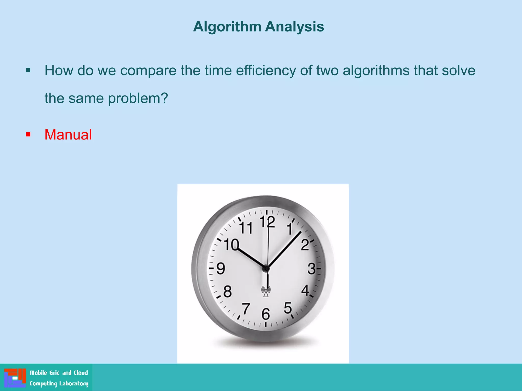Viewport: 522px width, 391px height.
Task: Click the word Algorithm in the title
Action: (x=227, y=27)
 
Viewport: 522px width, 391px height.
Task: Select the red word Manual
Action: (x=68, y=135)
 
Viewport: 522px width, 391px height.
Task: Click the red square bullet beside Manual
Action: (x=28, y=134)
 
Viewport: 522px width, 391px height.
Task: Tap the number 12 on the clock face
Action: (x=267, y=222)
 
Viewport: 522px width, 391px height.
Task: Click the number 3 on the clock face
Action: (x=311, y=269)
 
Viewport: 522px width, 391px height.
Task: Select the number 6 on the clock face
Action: (x=266, y=314)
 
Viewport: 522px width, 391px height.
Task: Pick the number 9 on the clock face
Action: (x=221, y=269)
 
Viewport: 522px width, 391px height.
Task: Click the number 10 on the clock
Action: (x=231, y=245)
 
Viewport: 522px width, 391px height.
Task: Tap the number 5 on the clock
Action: (x=288, y=308)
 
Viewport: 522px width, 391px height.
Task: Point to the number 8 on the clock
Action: (x=227, y=292)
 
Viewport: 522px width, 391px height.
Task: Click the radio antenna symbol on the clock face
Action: (x=266, y=291)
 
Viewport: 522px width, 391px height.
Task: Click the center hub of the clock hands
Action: (x=266, y=268)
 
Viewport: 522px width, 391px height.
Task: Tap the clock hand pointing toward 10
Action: (x=251, y=258)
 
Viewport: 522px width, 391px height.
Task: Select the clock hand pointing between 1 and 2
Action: (x=284, y=249)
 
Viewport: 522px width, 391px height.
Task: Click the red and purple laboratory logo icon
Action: (x=15, y=378)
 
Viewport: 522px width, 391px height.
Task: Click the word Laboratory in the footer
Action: (x=74, y=383)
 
